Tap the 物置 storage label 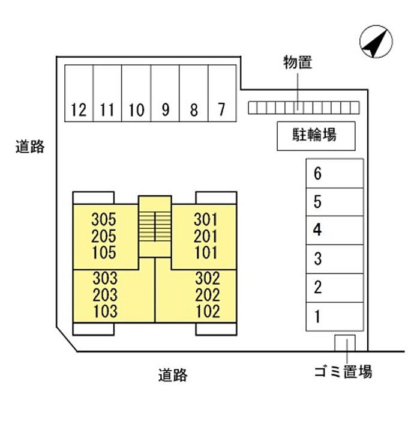tap(298, 62)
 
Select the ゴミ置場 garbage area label tap(343, 372)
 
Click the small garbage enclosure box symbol tap(345, 343)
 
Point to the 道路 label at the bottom tap(173, 376)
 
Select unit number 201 tap(206, 236)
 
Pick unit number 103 tap(105, 312)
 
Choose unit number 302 tap(208, 279)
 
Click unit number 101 tap(206, 252)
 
